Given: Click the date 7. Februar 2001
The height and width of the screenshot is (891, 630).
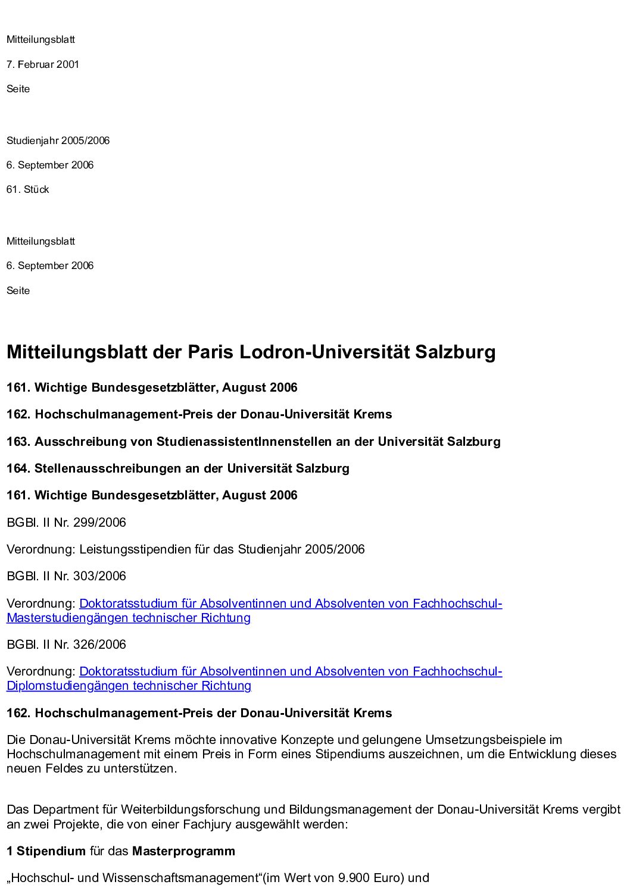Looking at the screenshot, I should tap(42, 64).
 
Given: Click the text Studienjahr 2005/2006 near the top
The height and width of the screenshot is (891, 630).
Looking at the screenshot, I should tap(58, 141).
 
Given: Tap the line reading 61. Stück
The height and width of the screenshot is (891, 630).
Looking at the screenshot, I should tap(27, 190).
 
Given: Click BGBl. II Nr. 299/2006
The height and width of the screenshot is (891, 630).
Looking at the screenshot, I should tap(66, 523).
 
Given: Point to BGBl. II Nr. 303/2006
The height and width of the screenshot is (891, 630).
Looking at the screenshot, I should tap(66, 576).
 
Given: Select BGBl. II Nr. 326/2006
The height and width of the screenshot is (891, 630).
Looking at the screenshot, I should tap(66, 645).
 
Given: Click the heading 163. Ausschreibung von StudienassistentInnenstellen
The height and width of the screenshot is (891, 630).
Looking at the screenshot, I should tap(253, 442).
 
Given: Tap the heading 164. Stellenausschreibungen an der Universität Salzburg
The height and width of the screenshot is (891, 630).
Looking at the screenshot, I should tap(177, 468).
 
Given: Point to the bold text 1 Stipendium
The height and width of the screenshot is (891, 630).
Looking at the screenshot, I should tap(46, 851).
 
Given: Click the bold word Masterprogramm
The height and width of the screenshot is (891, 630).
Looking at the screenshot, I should tap(183, 851).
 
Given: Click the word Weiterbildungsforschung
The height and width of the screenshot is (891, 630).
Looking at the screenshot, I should tap(191, 810).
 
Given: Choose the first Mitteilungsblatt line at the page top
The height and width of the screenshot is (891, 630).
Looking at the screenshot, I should tap(40, 40).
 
